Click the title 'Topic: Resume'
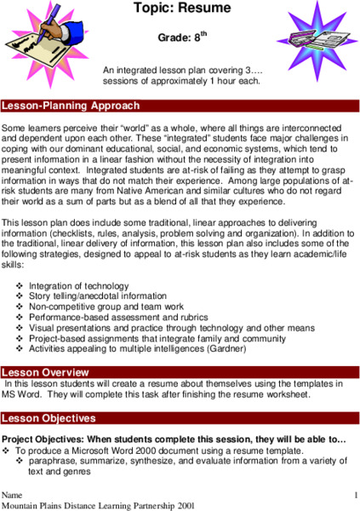[x=180, y=9]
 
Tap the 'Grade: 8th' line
[x=182, y=37]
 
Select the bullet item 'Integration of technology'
[x=81, y=286]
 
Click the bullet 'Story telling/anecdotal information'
[x=99, y=296]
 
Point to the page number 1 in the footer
[x=354, y=494]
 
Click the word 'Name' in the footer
[x=12, y=495]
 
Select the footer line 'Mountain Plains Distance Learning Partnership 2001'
[x=92, y=505]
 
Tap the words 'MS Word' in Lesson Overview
[x=21, y=395]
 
